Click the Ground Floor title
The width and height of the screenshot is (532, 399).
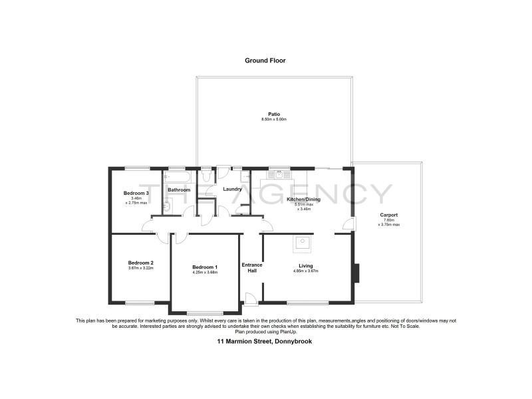coord(265,60)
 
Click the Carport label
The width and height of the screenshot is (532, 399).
coord(389,215)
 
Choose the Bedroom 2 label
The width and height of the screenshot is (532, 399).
coord(140,263)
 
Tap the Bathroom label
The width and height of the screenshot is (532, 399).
coord(179,190)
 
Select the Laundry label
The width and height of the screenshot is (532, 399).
coord(232,190)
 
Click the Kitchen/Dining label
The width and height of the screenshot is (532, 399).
coord(304,199)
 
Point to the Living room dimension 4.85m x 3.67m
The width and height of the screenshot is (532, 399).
coord(306,271)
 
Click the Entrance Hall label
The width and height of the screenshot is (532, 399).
coord(251,267)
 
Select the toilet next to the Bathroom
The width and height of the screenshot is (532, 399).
coord(206,177)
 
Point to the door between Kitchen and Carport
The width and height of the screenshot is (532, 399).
coord(348,225)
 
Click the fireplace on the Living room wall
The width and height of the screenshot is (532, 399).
coord(357,273)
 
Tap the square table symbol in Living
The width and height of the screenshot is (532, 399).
coord(303,243)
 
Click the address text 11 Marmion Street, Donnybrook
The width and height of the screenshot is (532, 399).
coord(265,341)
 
